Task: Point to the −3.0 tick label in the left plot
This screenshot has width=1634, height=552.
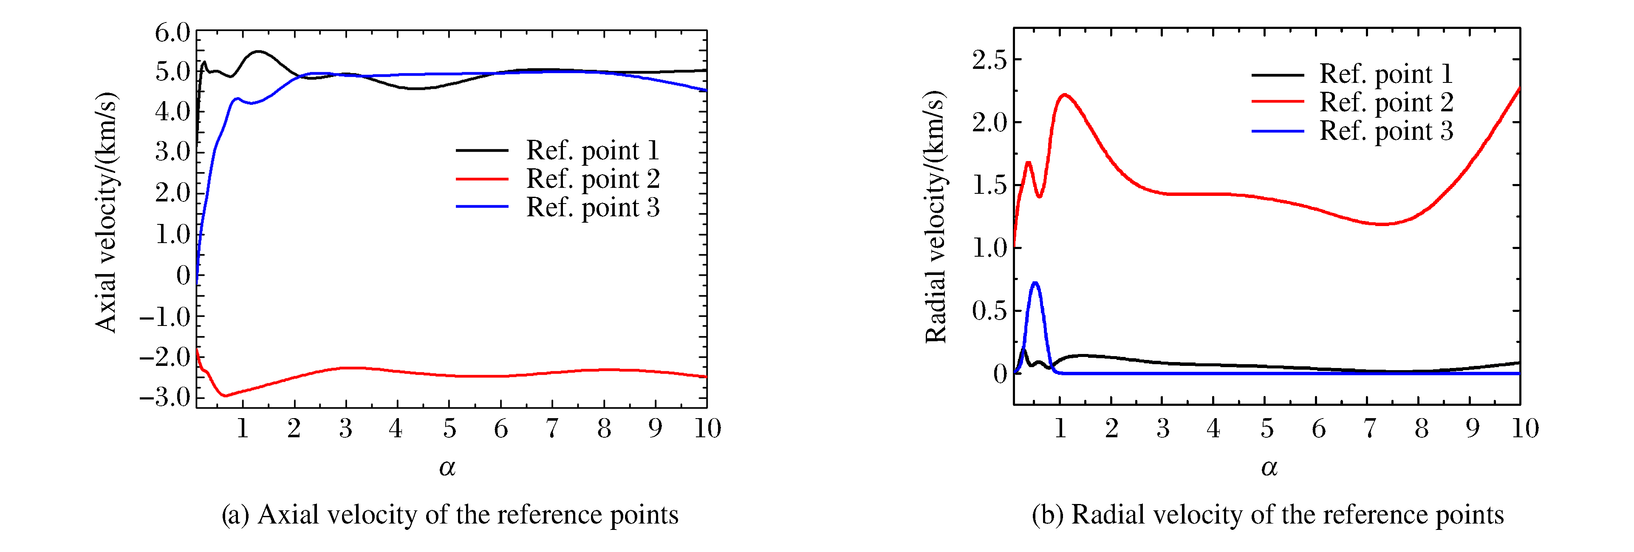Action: pyautogui.click(x=165, y=398)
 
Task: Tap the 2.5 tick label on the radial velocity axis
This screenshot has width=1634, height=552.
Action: pyautogui.click(x=989, y=60)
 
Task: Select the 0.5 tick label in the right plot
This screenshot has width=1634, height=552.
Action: pyautogui.click(x=989, y=311)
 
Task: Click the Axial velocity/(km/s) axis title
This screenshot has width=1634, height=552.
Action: pyautogui.click(x=106, y=212)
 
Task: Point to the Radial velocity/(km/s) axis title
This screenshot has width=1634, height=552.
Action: pyautogui.click(x=936, y=217)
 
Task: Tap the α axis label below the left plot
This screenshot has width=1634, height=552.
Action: pyautogui.click(x=447, y=468)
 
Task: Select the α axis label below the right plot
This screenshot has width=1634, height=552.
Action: pyautogui.click(x=1269, y=468)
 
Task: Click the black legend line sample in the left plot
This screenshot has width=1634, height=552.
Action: pyautogui.click(x=482, y=151)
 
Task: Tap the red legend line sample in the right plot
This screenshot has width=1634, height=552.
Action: pyautogui.click(x=1278, y=102)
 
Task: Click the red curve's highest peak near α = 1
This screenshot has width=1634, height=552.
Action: pyautogui.click(x=1064, y=95)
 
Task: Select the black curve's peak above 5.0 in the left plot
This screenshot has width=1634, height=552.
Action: pyautogui.click(x=258, y=51)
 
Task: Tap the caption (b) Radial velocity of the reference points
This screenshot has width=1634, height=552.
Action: pyautogui.click(x=1267, y=515)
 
